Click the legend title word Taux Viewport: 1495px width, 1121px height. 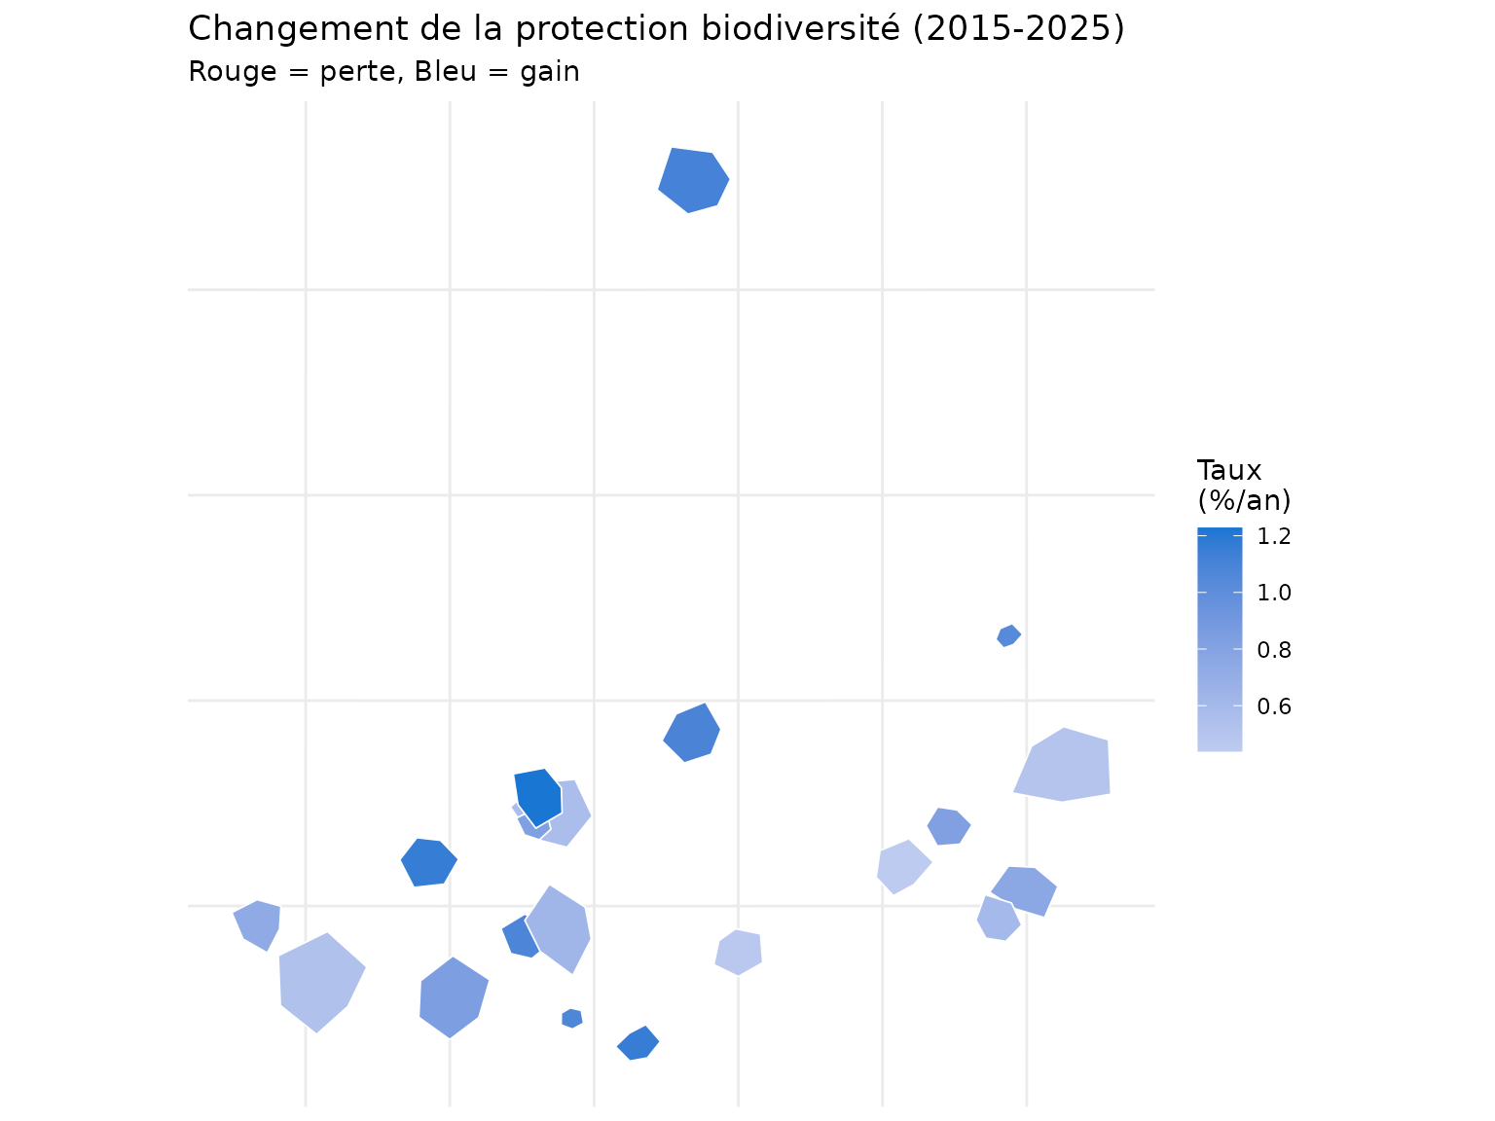click(x=1229, y=471)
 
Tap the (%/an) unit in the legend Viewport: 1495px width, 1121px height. click(x=1243, y=500)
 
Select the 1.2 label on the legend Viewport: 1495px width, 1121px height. click(x=1274, y=536)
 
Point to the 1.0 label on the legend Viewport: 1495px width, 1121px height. click(x=1274, y=593)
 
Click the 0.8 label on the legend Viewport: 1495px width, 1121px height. click(x=1274, y=649)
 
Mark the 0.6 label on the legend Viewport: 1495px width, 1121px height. click(x=1274, y=706)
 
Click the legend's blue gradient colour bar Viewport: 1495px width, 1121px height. click(x=1220, y=639)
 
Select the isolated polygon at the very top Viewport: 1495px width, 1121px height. click(x=693, y=180)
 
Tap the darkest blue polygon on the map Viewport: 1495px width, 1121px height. click(x=538, y=796)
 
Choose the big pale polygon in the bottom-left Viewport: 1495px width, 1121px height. click(x=319, y=981)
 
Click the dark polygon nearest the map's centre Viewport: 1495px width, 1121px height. click(x=691, y=733)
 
